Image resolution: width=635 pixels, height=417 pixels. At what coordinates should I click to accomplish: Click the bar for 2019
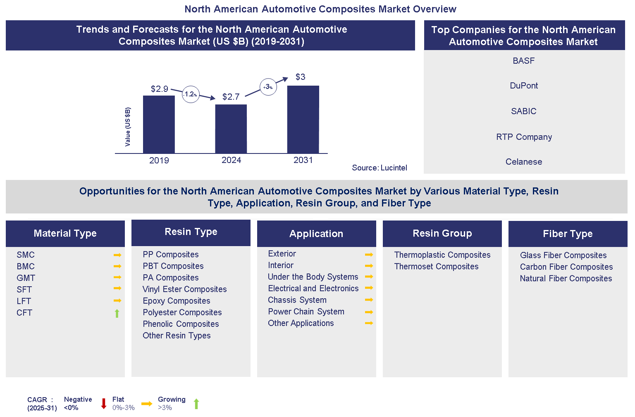[x=159, y=124]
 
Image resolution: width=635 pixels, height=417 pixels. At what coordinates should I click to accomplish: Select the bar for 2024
[x=231, y=129]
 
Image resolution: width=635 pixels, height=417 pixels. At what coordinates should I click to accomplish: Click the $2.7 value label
[x=231, y=97]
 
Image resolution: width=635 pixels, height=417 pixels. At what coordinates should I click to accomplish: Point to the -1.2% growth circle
[x=191, y=94]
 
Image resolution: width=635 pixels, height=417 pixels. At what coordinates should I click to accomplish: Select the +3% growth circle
[x=268, y=87]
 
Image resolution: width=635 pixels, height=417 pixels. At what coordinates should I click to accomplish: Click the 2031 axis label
[x=303, y=160]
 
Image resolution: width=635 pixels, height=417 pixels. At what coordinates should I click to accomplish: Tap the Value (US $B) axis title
[x=128, y=127]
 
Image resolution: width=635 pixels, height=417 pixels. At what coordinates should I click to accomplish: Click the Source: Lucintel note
[x=379, y=168]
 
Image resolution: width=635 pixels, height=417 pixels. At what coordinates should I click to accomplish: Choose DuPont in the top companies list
[x=524, y=86]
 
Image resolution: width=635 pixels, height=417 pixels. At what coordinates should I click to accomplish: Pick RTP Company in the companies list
[x=524, y=137]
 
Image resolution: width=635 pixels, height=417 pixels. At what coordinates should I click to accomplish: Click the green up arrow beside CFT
[x=117, y=313]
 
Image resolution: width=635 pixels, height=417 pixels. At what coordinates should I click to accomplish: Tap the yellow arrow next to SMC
[x=117, y=255]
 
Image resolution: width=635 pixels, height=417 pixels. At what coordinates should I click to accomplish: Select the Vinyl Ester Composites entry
[x=184, y=289]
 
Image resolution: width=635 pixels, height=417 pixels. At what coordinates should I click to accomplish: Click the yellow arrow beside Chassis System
[x=369, y=300]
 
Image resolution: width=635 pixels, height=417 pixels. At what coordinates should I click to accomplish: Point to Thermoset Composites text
[x=436, y=266]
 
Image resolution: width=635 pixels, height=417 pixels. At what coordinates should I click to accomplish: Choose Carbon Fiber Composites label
[x=566, y=267]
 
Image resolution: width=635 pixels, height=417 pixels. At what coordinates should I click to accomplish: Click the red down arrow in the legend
[x=104, y=404]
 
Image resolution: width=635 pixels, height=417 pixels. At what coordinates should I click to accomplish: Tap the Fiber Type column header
[x=568, y=234]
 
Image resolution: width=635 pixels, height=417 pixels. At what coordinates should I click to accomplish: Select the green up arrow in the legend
[x=196, y=404]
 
